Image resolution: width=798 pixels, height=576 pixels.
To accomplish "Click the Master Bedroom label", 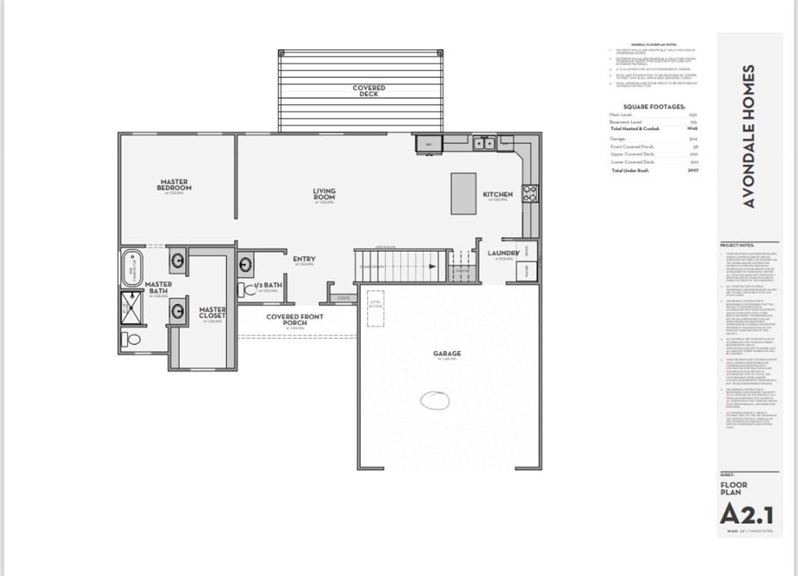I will click(x=174, y=185).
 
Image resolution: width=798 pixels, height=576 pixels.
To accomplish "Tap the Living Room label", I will click(x=324, y=194).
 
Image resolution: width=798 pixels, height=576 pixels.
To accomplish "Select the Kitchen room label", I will click(x=498, y=195).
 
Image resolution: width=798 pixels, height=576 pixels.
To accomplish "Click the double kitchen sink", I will click(x=483, y=143).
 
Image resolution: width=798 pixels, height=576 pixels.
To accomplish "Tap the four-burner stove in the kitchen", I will click(x=530, y=194).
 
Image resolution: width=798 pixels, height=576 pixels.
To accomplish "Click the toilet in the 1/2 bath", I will click(x=245, y=289).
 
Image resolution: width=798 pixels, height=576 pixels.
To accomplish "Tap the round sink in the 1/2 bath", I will click(x=246, y=265).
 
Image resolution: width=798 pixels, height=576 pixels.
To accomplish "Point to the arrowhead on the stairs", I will click(x=433, y=267).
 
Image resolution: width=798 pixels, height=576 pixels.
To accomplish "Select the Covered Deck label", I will click(x=369, y=91).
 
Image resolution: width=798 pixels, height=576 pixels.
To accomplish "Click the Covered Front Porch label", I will click(x=294, y=320).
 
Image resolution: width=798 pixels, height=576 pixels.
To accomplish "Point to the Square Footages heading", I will click(x=654, y=107).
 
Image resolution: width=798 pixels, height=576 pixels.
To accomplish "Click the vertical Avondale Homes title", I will click(x=749, y=136).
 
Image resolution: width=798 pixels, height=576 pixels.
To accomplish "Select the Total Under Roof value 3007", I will click(x=693, y=171).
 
